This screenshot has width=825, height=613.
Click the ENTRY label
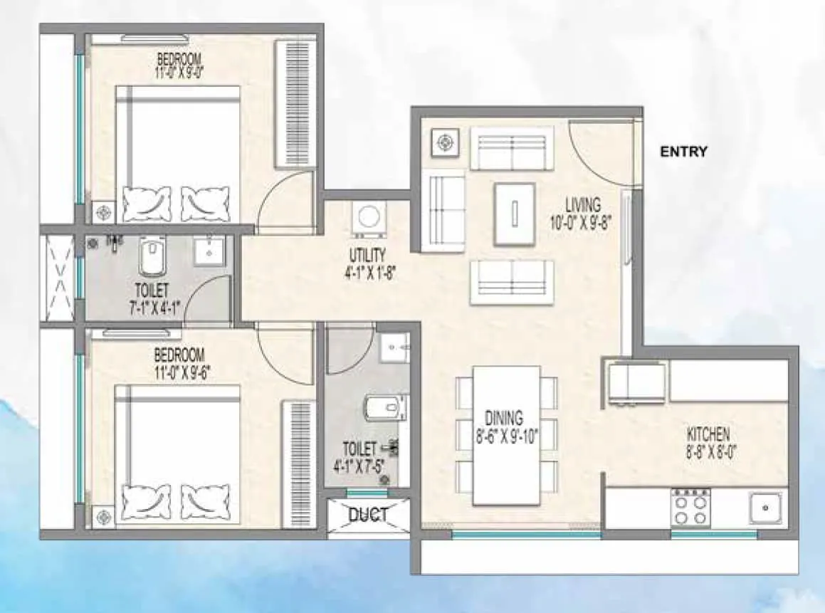[x=683, y=152]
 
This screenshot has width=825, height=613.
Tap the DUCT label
[x=369, y=515]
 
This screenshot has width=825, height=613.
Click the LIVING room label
[x=583, y=205]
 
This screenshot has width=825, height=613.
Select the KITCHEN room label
[x=708, y=434]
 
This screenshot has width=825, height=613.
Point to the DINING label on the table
[x=504, y=418]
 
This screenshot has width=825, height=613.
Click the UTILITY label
[x=367, y=255]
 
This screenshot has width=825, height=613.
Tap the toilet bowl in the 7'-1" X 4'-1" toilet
[x=151, y=258]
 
